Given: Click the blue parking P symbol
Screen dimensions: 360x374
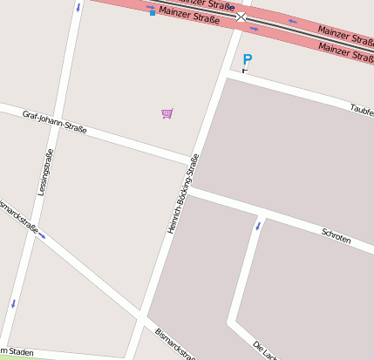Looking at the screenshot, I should coord(247,59).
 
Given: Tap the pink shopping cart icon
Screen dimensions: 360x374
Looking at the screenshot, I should coord(167,113).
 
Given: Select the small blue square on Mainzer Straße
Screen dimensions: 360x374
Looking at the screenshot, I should coord(153,13).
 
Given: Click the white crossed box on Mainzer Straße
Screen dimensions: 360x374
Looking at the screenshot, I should coord(241,17).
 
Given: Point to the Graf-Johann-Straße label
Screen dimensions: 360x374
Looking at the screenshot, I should coord(55,122).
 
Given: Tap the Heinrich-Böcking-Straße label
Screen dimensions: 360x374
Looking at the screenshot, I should coord(183,194).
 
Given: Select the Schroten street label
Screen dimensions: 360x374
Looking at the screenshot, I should coord(336,235).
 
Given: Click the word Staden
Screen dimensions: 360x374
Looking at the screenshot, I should coord(21,352).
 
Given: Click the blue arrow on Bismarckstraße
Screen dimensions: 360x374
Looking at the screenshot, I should coord(42,235).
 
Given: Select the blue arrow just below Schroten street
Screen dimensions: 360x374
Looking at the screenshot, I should coord(257,227).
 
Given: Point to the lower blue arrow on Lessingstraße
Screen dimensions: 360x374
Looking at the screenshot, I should coord(13,304).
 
